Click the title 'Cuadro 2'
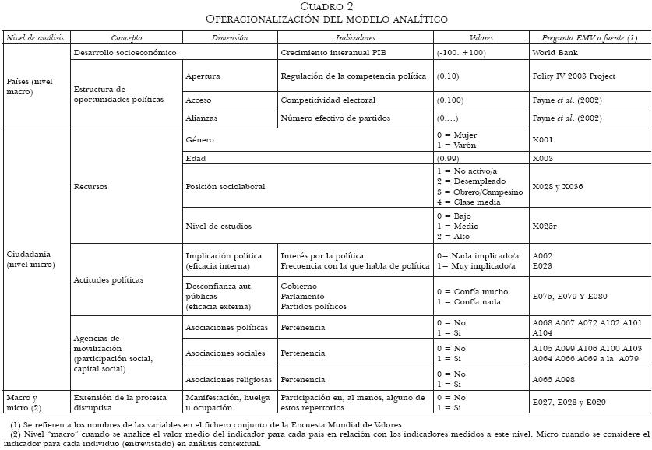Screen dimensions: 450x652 tap(326, 6)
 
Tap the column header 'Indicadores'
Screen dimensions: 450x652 tap(355, 37)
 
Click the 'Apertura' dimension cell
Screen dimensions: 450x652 tap(203, 76)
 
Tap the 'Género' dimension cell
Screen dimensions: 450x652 tap(199, 140)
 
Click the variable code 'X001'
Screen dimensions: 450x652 tap(543, 140)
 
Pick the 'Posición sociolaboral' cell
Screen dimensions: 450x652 tap(225, 187)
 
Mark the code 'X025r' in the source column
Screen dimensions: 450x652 tap(545, 226)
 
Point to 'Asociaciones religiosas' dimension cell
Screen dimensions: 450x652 tap(228, 379)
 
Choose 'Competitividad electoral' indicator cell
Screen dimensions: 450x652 tap(328, 100)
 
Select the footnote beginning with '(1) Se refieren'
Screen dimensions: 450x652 tap(206, 424)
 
